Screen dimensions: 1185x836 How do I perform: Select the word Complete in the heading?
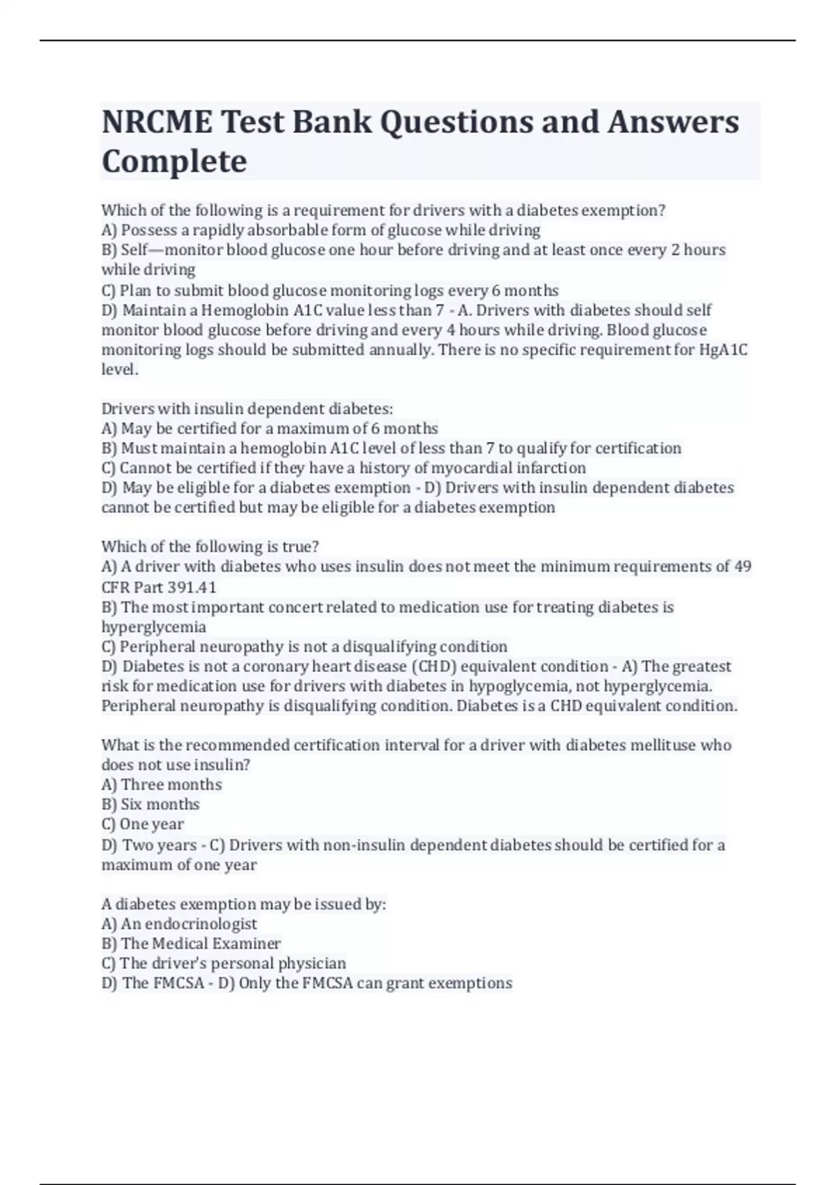[x=174, y=161]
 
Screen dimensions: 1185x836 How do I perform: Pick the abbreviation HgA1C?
[x=723, y=350]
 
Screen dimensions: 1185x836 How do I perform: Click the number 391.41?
[x=192, y=587]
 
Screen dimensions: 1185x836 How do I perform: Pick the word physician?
[x=312, y=963]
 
